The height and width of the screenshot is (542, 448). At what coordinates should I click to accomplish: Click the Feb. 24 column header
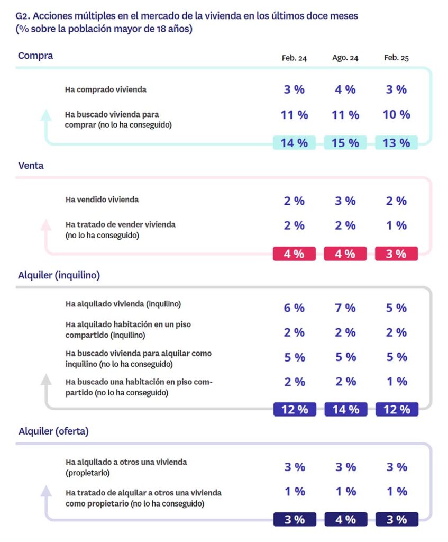[x=294, y=58]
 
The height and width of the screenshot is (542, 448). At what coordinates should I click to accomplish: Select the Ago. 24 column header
[x=345, y=58]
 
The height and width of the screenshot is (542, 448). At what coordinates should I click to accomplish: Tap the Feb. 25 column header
[x=396, y=58]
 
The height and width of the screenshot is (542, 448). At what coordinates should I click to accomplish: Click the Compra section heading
[x=35, y=56]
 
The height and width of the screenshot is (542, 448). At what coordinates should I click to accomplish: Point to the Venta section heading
[x=31, y=166]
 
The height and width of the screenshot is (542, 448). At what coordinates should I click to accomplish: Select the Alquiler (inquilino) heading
[x=59, y=275]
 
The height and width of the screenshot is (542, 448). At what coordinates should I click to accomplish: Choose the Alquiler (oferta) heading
[x=53, y=431]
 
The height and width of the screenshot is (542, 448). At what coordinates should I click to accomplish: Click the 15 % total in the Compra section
[x=345, y=143]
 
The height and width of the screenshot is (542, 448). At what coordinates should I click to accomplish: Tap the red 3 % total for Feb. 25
[x=396, y=254]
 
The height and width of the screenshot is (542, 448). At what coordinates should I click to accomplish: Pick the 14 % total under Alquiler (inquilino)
[x=345, y=410]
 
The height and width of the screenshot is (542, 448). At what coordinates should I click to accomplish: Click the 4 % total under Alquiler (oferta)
[x=345, y=520]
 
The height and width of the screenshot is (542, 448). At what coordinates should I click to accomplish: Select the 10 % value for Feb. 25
[x=396, y=114]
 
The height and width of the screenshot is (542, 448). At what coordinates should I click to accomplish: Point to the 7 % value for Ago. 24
[x=345, y=308]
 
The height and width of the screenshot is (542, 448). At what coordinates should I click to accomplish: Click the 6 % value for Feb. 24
[x=294, y=308]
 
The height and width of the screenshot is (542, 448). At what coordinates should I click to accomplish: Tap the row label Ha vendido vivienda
[x=102, y=200]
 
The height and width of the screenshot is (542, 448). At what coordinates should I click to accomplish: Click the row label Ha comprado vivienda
[x=106, y=89]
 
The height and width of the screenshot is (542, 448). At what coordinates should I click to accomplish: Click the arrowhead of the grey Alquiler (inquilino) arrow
[x=47, y=378]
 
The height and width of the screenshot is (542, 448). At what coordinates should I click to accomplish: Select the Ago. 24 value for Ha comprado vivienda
[x=345, y=89]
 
